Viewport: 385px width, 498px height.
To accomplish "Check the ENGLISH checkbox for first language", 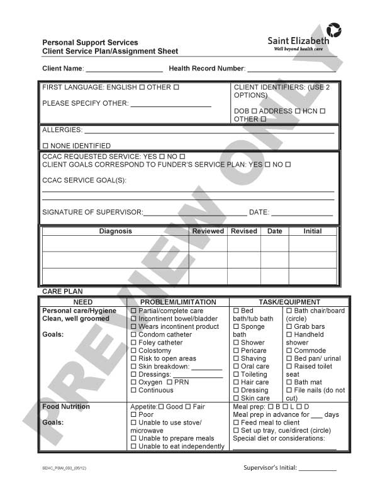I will tap(142, 87).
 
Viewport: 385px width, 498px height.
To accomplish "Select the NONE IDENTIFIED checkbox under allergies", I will tap(45, 146).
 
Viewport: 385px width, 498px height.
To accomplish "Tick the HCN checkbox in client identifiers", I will tap(322, 111).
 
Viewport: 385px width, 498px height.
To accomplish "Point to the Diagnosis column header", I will tap(116, 231).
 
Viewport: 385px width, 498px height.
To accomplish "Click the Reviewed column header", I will tap(208, 231).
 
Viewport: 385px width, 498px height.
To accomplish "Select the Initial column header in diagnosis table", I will tap(312, 231).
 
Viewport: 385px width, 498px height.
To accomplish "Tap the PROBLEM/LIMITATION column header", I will tap(177, 302).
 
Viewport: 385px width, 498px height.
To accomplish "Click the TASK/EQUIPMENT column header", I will tap(289, 302).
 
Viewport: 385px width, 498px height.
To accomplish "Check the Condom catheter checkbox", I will tap(133, 335).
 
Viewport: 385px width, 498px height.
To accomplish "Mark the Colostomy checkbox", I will tap(133, 351).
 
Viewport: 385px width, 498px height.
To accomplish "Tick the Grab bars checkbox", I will tap(289, 327).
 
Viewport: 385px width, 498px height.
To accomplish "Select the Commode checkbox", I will tap(289, 351).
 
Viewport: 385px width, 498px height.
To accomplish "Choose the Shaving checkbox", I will tap(237, 358).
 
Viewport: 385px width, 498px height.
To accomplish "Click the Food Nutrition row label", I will tap(66, 407).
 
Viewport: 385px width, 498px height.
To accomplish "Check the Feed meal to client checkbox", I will tap(237, 423).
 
